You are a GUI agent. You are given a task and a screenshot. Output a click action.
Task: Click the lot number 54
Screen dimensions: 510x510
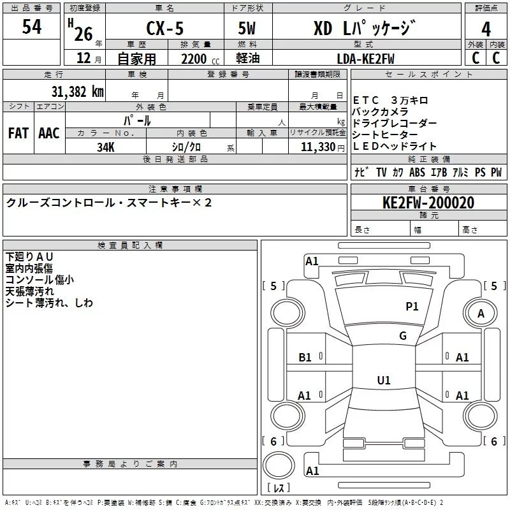(31, 27)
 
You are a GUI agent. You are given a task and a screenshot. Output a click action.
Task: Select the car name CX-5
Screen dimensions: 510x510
(165, 28)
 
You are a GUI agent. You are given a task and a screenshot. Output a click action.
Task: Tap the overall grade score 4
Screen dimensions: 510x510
(486, 29)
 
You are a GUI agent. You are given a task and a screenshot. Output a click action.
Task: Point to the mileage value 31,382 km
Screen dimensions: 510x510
(77, 92)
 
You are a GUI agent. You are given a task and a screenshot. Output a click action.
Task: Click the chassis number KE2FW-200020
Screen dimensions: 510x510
(428, 203)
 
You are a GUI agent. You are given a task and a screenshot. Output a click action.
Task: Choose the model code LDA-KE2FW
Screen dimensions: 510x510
(365, 59)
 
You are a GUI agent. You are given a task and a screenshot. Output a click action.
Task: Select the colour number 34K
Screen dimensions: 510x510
(106, 147)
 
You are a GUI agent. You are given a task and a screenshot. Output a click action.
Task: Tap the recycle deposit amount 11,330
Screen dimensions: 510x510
(317, 147)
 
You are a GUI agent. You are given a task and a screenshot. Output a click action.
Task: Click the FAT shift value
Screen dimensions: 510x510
(18, 133)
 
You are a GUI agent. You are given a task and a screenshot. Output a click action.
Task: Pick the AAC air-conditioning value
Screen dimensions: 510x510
(49, 133)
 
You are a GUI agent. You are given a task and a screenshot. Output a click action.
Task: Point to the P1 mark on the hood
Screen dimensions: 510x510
(412, 306)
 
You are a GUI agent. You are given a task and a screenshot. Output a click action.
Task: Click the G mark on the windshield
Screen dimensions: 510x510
(403, 335)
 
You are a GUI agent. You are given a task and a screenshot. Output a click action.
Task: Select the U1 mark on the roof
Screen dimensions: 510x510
(384, 380)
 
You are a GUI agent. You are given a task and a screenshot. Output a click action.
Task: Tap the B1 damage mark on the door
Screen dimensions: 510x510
(305, 358)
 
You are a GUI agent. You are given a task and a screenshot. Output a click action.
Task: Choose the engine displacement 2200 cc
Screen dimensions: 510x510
(200, 59)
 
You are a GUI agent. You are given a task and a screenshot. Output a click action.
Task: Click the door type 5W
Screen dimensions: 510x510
(247, 28)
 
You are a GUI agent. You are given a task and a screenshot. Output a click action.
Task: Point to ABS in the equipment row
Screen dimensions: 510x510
(417, 172)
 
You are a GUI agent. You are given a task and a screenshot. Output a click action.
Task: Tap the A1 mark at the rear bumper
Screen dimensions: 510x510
(312, 470)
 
